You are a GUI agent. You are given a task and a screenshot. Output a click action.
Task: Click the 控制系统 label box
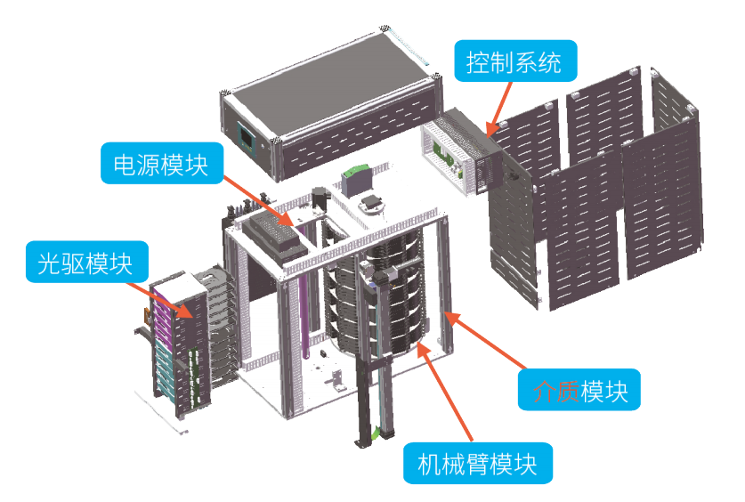click(514, 62)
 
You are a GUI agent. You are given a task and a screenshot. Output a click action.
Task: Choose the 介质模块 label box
click(579, 390)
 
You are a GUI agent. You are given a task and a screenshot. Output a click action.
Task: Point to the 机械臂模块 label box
click(478, 463)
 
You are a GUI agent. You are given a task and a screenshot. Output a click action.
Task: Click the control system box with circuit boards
click(459, 150)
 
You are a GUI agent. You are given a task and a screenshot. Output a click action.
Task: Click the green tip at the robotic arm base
click(379, 434)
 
